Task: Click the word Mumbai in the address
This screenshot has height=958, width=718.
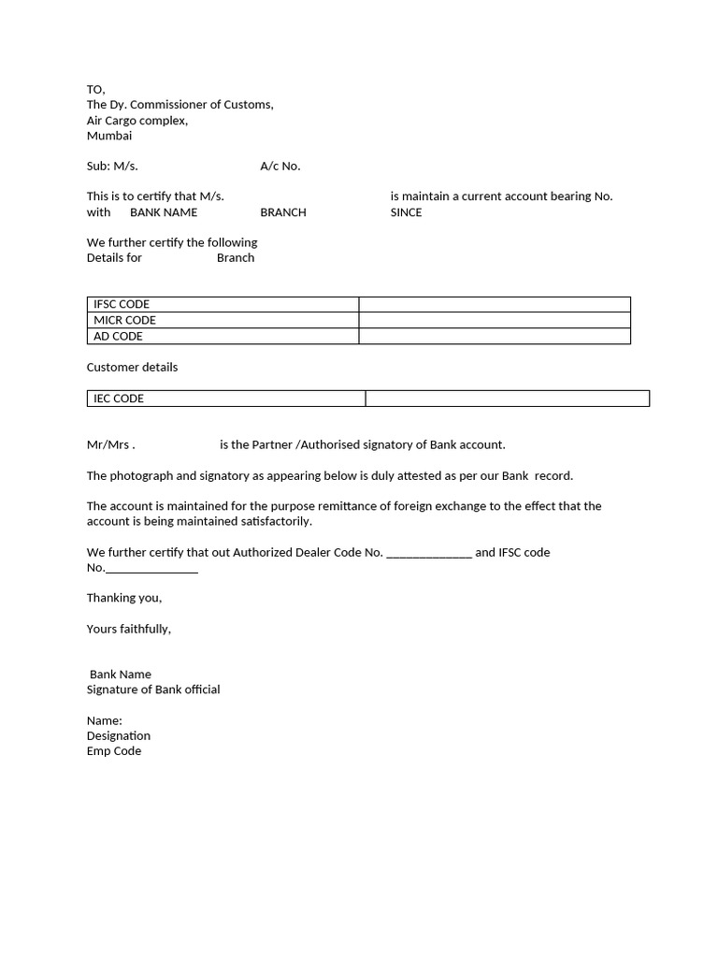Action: tap(109, 136)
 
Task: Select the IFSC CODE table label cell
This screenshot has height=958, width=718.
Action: tap(223, 304)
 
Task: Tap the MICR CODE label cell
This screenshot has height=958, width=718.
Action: tap(223, 320)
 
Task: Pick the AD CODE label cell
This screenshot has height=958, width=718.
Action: tap(223, 336)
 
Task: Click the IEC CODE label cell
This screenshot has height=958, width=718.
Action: tap(225, 399)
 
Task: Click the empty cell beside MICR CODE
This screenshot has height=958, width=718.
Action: tap(495, 320)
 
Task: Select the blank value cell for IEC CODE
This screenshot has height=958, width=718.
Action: tap(507, 399)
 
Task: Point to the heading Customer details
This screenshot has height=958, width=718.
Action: tap(132, 367)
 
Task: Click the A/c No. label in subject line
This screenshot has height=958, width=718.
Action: tap(280, 167)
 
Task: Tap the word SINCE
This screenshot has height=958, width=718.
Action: tap(406, 212)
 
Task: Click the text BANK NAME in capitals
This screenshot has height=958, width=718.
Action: tap(164, 212)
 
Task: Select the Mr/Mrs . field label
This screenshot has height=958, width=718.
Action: tap(111, 444)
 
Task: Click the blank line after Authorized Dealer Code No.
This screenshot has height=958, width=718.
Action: tap(429, 553)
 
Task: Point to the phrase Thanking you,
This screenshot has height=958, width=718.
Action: tap(124, 598)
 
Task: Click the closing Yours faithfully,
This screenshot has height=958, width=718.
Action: tap(129, 629)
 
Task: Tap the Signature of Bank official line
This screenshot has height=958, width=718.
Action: tap(153, 689)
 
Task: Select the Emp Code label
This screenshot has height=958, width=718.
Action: tap(114, 751)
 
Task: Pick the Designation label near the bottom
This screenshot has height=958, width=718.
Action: tap(119, 735)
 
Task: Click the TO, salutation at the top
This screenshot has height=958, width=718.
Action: tap(96, 90)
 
